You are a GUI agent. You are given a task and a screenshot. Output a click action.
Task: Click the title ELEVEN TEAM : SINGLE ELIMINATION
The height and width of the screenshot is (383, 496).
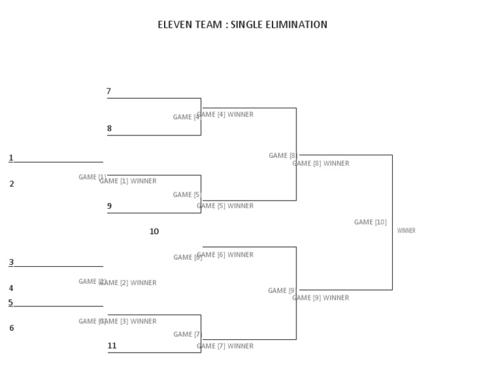click(242, 25)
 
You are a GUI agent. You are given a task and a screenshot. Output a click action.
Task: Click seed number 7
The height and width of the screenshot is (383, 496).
click(108, 92)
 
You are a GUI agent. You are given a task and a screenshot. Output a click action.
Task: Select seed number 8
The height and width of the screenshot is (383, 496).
click(109, 128)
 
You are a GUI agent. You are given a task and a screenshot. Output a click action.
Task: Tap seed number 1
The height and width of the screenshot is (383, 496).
click(11, 158)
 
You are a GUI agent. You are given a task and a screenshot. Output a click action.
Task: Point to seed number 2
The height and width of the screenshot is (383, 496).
click(12, 184)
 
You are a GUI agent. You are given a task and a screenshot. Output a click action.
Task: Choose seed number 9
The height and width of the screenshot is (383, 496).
click(109, 206)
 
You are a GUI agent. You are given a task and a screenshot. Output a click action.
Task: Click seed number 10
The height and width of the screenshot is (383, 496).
click(154, 231)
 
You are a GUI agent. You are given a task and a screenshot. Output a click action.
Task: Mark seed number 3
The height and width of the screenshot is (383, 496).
click(11, 262)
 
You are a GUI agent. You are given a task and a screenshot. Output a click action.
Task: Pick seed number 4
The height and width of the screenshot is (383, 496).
click(11, 289)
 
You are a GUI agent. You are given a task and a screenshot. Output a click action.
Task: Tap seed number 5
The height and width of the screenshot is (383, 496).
click(10, 302)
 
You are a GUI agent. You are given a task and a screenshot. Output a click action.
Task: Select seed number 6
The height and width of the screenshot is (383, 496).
click(12, 328)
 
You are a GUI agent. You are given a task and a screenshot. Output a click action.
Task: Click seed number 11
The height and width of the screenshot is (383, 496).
click(112, 346)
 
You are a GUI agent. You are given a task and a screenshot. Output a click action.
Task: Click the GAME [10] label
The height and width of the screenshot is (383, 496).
click(370, 222)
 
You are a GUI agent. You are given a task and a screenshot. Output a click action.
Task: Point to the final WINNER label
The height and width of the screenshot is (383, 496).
click(406, 231)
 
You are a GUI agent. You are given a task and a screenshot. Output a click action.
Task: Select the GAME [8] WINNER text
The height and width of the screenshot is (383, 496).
click(321, 164)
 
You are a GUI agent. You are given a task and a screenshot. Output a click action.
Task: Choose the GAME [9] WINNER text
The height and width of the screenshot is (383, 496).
click(321, 298)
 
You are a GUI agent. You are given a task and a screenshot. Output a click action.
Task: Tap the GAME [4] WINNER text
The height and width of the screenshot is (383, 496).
click(225, 115)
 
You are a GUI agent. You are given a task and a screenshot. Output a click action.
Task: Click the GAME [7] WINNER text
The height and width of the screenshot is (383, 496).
click(225, 346)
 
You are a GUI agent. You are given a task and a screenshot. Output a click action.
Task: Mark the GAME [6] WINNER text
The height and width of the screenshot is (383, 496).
click(225, 255)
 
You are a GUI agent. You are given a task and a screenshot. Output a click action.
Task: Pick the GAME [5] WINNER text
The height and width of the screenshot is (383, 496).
click(225, 206)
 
